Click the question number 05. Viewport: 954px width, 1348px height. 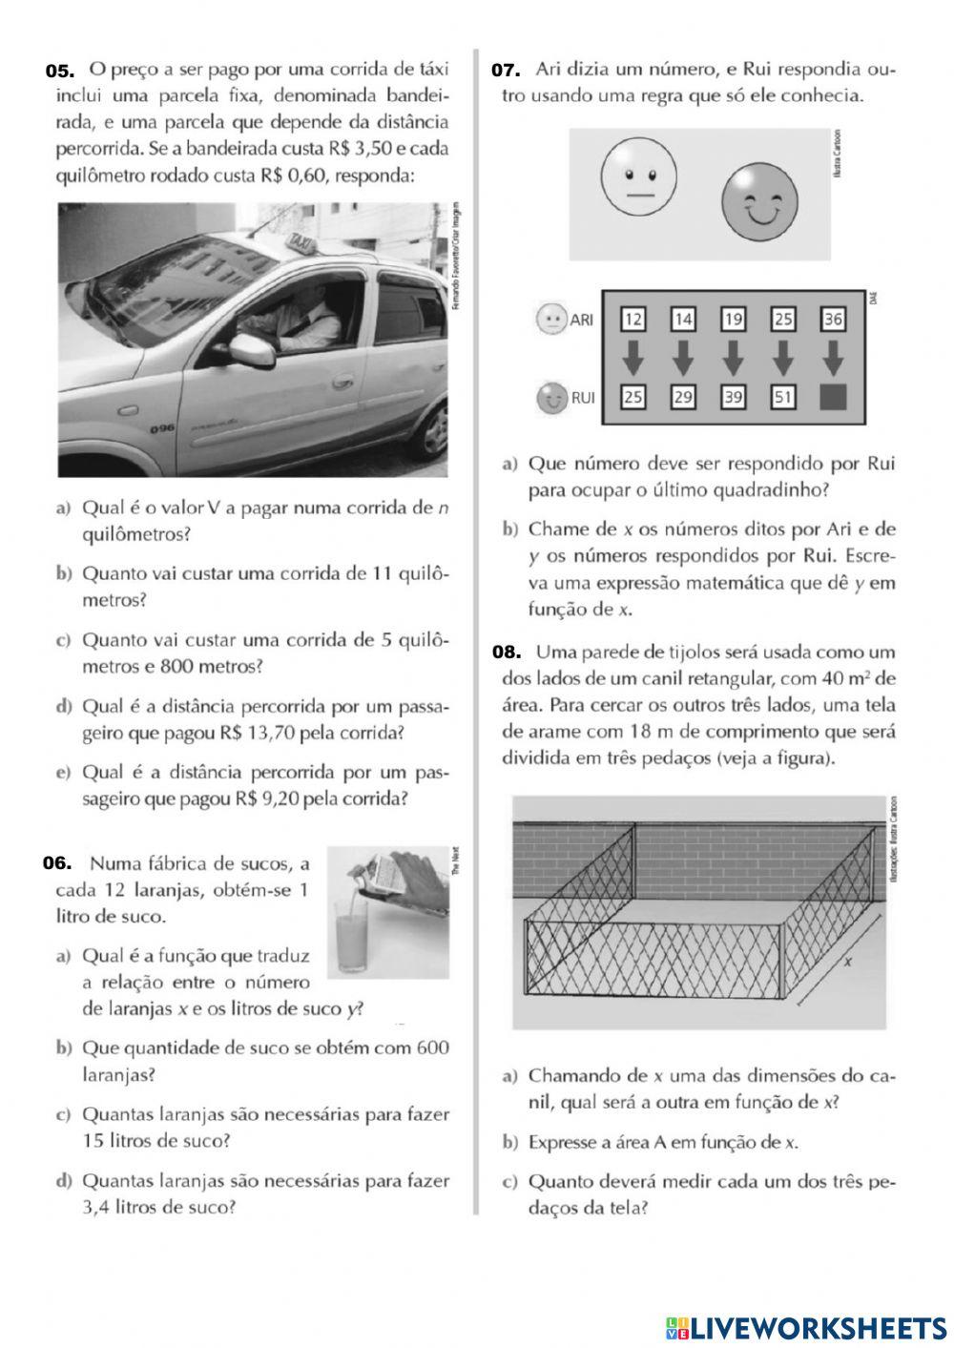59,71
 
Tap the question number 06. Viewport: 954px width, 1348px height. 57,863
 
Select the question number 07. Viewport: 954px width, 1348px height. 505,70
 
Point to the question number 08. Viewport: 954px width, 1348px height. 507,653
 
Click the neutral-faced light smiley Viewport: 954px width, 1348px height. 638,179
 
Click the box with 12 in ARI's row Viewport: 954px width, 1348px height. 633,319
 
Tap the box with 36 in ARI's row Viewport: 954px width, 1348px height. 833,319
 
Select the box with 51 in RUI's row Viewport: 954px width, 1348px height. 782,397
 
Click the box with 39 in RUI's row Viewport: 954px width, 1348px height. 733,397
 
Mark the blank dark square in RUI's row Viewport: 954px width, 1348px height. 833,397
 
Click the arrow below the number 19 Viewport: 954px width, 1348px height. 733,359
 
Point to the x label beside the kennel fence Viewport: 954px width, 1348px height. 847,962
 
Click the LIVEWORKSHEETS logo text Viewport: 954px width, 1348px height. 818,1327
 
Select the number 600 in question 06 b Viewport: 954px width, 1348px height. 431,1047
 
